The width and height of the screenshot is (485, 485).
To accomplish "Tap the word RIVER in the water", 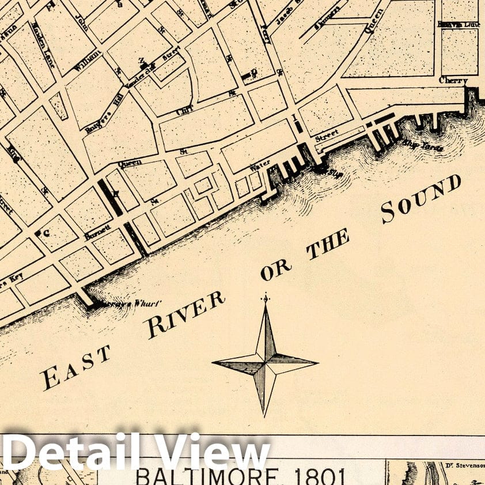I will click(184, 315).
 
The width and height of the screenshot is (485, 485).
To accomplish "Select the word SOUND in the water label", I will click(420, 199).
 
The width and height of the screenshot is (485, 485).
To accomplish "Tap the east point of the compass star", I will click(316, 363).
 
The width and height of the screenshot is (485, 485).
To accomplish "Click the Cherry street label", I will click(453, 81).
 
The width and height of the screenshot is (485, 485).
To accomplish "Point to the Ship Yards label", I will click(423, 145).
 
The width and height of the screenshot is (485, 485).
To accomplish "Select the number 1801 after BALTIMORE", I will click(320, 477).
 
